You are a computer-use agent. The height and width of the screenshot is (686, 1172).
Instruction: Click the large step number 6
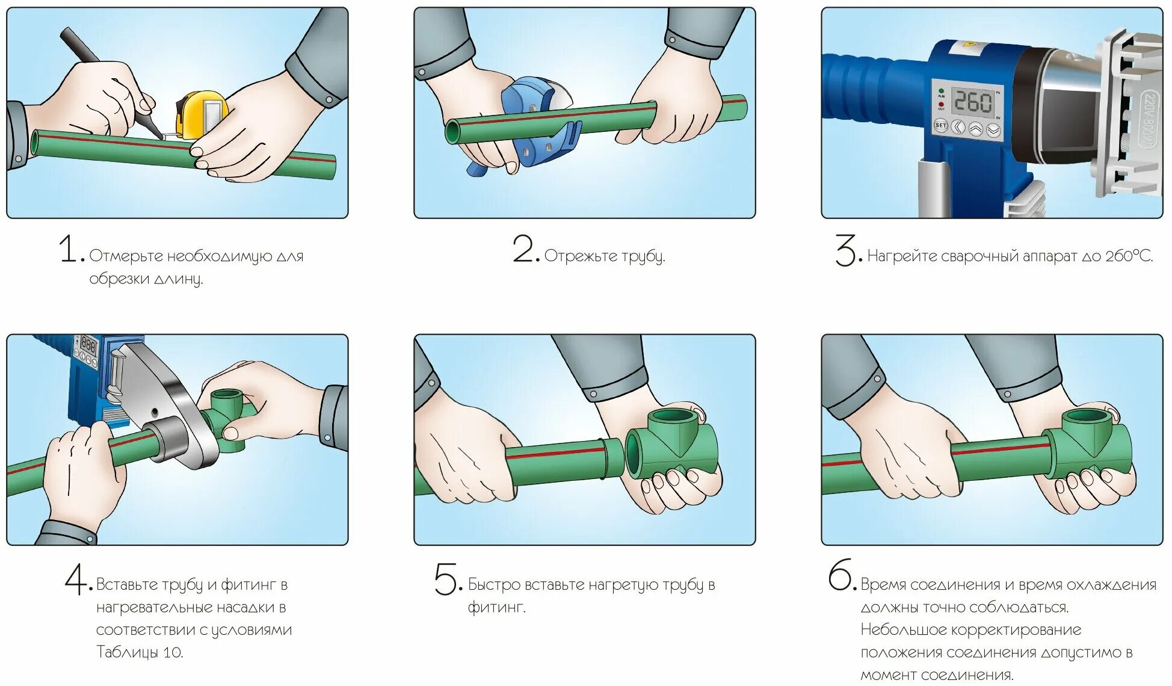click(x=840, y=575)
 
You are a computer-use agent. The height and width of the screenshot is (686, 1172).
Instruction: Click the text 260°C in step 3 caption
click(x=1129, y=256)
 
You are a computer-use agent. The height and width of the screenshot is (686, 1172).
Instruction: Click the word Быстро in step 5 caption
click(x=494, y=584)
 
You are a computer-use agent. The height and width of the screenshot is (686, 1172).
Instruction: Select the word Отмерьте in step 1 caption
click(x=126, y=256)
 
